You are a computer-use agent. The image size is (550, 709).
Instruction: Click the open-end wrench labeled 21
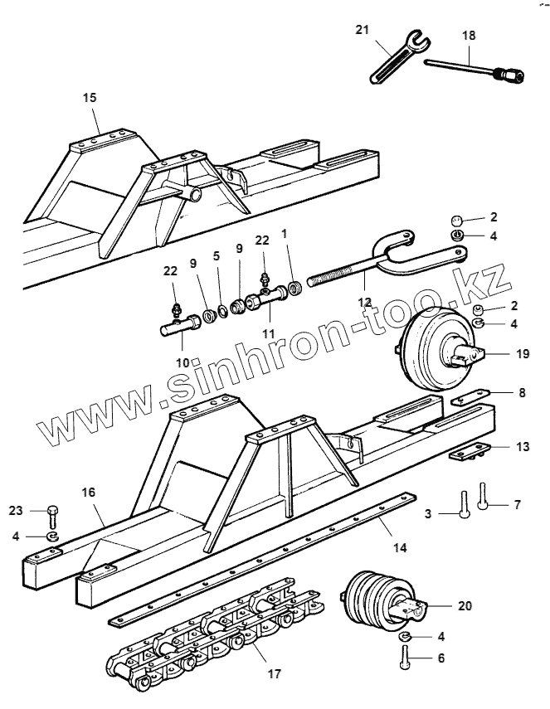tap(395, 60)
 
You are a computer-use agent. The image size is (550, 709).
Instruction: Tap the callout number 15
tap(90, 97)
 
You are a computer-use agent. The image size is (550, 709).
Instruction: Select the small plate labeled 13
tap(467, 453)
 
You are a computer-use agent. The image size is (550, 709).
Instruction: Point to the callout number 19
tap(521, 353)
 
